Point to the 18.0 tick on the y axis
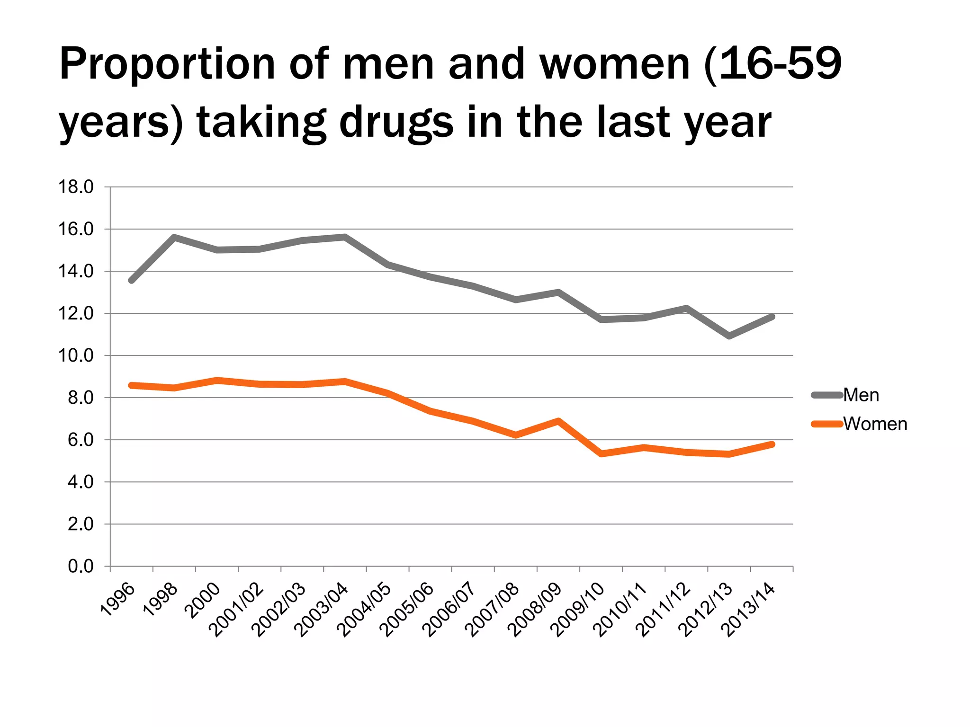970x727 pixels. coord(76,187)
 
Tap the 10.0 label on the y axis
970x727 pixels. coord(76,356)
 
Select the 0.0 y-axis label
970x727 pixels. coord(81,567)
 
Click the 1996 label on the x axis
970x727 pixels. coord(118,600)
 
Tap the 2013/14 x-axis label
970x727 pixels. coord(748,611)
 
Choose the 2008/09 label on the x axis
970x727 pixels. coord(535,611)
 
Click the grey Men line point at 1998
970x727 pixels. coord(174,237)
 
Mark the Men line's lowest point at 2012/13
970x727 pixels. coord(729,336)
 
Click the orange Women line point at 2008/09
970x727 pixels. coord(558,421)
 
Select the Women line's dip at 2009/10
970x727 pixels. coord(601,454)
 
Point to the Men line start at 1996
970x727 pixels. coord(132,281)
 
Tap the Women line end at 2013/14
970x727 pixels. coord(772,444)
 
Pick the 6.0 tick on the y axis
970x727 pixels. coord(81,440)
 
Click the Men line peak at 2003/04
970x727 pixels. coord(345,237)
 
